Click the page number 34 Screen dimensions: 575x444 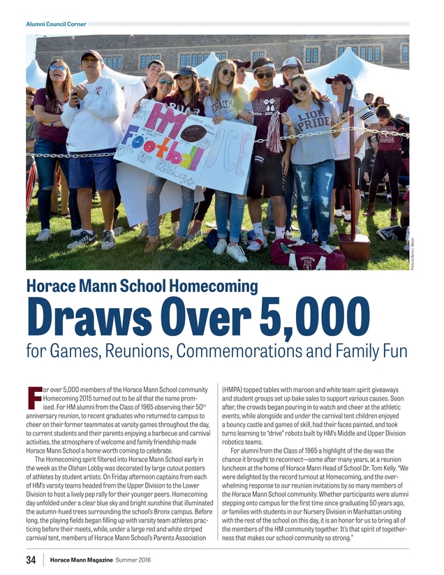[31, 560]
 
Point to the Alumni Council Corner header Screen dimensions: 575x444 [56, 24]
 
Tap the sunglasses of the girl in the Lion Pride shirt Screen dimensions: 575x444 [299, 89]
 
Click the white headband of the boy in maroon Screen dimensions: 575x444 [264, 67]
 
